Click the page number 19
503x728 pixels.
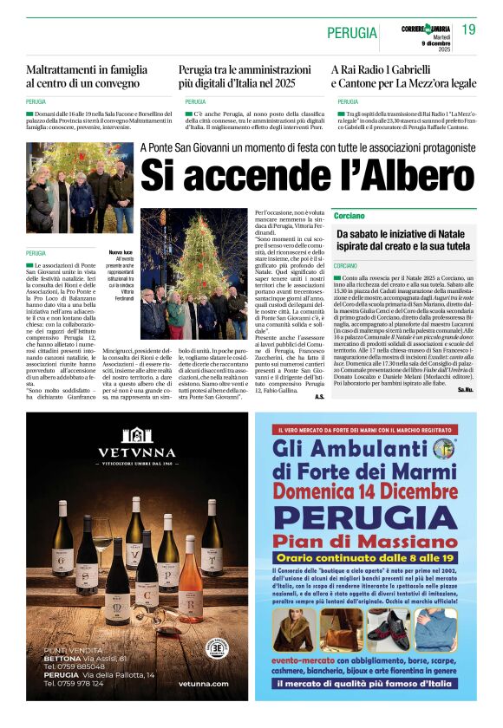[x=469, y=29]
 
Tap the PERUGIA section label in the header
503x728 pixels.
[x=352, y=33]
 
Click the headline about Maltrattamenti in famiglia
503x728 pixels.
[x=86, y=75]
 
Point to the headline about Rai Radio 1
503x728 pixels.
[x=403, y=75]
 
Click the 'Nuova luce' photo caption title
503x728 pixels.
[x=121, y=252]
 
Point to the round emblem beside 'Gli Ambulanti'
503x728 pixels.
[x=445, y=448]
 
